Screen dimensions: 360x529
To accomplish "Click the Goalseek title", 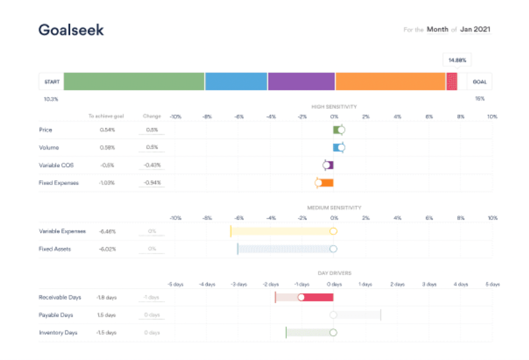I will (x=71, y=30).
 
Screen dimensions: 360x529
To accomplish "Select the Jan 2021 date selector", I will (x=475, y=29).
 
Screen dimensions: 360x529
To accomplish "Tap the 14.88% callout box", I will (x=457, y=60).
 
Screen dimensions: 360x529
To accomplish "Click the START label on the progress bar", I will (x=52, y=82).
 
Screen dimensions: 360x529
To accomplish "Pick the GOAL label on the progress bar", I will (x=480, y=82).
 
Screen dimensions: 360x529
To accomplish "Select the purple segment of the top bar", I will (x=301, y=82).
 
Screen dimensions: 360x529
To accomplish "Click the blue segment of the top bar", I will (x=236, y=82).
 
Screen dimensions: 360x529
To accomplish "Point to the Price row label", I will (x=45, y=130).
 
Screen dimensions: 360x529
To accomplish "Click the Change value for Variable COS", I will (x=152, y=165).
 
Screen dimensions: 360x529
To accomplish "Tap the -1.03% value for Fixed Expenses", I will (x=107, y=183).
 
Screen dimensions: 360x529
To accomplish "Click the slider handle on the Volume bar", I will (x=341, y=148).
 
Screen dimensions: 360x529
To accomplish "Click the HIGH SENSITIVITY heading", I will (x=334, y=107).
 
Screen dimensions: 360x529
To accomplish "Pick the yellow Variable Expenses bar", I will (x=282, y=231).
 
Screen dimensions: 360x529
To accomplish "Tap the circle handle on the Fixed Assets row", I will (x=333, y=249).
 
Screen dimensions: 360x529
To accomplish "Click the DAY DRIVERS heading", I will (x=334, y=273).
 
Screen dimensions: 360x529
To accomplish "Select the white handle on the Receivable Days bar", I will (x=301, y=298).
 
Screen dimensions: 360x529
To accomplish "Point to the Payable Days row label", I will (x=56, y=315).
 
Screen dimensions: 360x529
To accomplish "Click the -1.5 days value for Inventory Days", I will (x=106, y=332).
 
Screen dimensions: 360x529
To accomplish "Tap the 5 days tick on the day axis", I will (x=493, y=284).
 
